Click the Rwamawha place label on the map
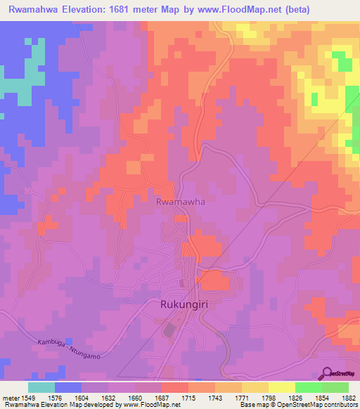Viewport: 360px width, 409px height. [x=180, y=201]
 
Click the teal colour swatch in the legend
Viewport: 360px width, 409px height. [x=41, y=387]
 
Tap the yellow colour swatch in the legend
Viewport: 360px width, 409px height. [x=282, y=387]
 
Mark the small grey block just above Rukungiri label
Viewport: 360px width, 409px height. [x=184, y=283]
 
